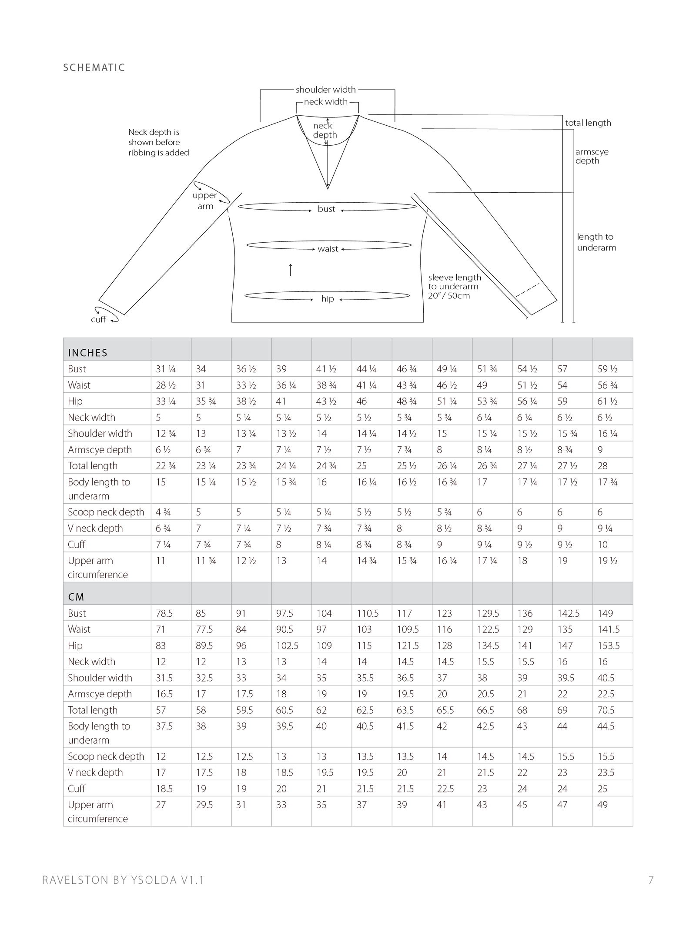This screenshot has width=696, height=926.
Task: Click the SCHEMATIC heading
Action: tap(94, 67)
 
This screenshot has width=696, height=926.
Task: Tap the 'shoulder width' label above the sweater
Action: tap(325, 90)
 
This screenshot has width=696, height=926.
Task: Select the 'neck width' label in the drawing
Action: tap(326, 102)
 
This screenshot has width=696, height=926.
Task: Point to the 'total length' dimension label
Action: tap(588, 123)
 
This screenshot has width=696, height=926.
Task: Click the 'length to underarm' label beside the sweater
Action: tap(596, 242)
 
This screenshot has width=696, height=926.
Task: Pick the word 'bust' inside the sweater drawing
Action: tap(326, 209)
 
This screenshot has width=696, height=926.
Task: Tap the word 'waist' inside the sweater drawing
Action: tap(328, 249)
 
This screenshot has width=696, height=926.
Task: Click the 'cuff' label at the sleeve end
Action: tap(98, 319)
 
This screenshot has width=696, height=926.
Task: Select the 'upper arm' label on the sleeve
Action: tap(205, 201)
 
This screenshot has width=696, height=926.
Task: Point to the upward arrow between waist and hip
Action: tap(291, 270)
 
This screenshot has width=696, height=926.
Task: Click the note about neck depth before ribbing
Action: tap(158, 142)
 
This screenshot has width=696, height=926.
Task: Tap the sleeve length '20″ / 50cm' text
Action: tap(449, 296)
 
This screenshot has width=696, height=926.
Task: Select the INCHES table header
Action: tap(87, 353)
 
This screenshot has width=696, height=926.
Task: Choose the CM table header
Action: tap(76, 597)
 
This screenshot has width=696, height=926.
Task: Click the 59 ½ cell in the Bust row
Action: tap(607, 369)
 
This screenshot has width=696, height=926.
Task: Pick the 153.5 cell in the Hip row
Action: tap(608, 645)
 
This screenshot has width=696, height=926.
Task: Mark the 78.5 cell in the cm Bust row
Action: tap(164, 613)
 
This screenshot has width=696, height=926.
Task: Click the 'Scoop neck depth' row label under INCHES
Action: tap(106, 512)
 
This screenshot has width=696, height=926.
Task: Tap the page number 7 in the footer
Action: tap(651, 880)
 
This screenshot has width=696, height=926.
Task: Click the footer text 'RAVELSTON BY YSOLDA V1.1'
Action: tap(123, 880)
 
